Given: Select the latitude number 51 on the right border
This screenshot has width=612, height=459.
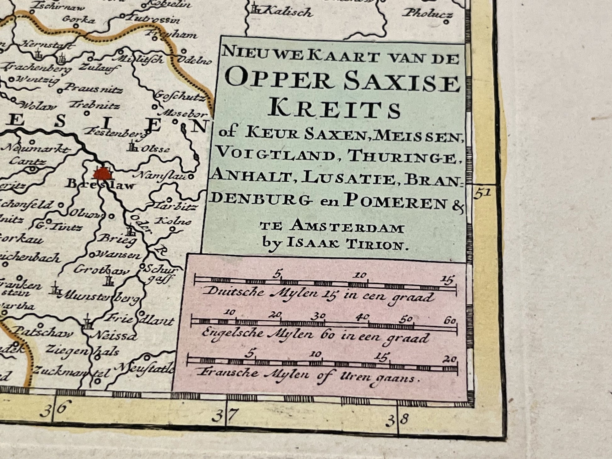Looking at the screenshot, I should click(482, 193).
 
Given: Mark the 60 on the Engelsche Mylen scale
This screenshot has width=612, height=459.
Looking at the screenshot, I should click(450, 321).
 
